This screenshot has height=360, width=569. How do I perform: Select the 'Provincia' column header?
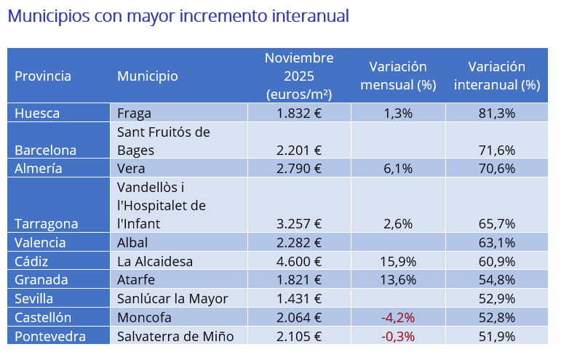(43, 76)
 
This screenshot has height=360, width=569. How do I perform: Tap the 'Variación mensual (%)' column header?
(397, 76)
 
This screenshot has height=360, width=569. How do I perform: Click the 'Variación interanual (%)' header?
(496, 76)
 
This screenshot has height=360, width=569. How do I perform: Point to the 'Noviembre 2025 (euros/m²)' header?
(299, 76)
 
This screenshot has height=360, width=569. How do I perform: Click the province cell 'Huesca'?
(37, 113)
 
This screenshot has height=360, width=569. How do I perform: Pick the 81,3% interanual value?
(497, 113)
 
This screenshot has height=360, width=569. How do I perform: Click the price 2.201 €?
(299, 151)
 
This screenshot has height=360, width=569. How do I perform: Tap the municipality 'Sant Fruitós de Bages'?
(163, 141)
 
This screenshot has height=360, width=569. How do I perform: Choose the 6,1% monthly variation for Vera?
(397, 169)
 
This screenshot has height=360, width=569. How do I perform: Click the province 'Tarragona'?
(46, 224)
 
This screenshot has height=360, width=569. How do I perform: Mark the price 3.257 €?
(299, 224)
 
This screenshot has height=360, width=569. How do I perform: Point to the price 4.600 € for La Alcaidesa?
(299, 261)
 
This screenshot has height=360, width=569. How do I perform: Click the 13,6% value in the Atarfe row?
(397, 280)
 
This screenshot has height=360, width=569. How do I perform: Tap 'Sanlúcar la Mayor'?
(172, 298)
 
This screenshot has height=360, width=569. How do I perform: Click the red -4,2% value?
(397, 317)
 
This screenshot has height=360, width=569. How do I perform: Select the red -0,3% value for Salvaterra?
(397, 336)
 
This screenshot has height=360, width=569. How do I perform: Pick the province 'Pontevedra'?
(49, 336)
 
